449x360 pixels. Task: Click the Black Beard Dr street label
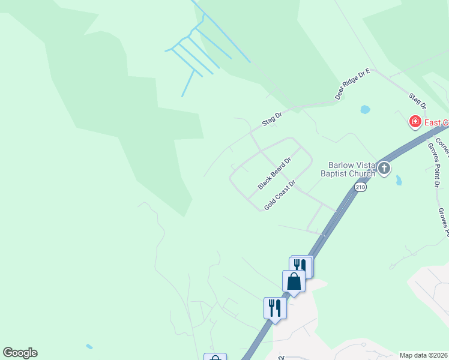tap(274, 173)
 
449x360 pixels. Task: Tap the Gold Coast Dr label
tap(280, 195)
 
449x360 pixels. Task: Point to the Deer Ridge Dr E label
tap(353, 85)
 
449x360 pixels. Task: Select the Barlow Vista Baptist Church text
tap(352, 169)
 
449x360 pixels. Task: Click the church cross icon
tap(384, 169)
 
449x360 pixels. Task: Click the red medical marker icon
tap(414, 122)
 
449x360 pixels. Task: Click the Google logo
tap(20, 353)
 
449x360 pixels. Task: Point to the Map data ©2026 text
tap(424, 355)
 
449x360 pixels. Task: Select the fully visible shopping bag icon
tap(294, 281)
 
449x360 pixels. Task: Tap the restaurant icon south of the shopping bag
tap(274, 308)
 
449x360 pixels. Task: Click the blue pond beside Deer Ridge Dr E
tap(365, 110)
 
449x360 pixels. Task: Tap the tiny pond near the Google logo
tap(89, 346)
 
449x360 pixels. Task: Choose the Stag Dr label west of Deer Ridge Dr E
tap(271, 119)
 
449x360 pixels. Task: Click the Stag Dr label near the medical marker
tap(417, 100)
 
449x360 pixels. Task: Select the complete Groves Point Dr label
tap(434, 165)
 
